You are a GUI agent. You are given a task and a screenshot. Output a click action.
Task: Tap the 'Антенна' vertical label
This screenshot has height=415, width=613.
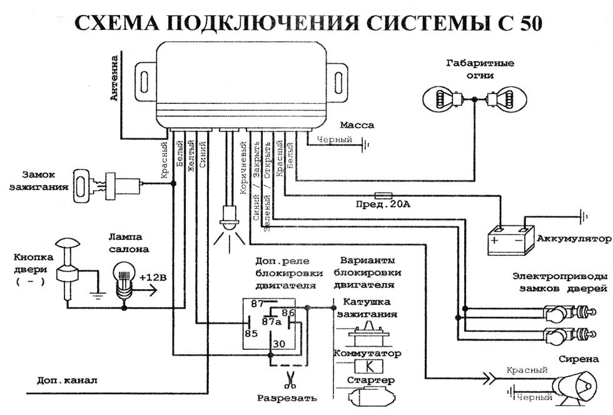[114, 78]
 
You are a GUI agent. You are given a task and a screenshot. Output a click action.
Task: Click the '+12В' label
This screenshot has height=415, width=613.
[154, 276]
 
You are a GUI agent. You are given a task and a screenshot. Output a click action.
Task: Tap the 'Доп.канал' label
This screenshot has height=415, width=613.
[67, 381]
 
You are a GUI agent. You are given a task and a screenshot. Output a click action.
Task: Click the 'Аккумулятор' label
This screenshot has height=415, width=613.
[573, 239]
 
